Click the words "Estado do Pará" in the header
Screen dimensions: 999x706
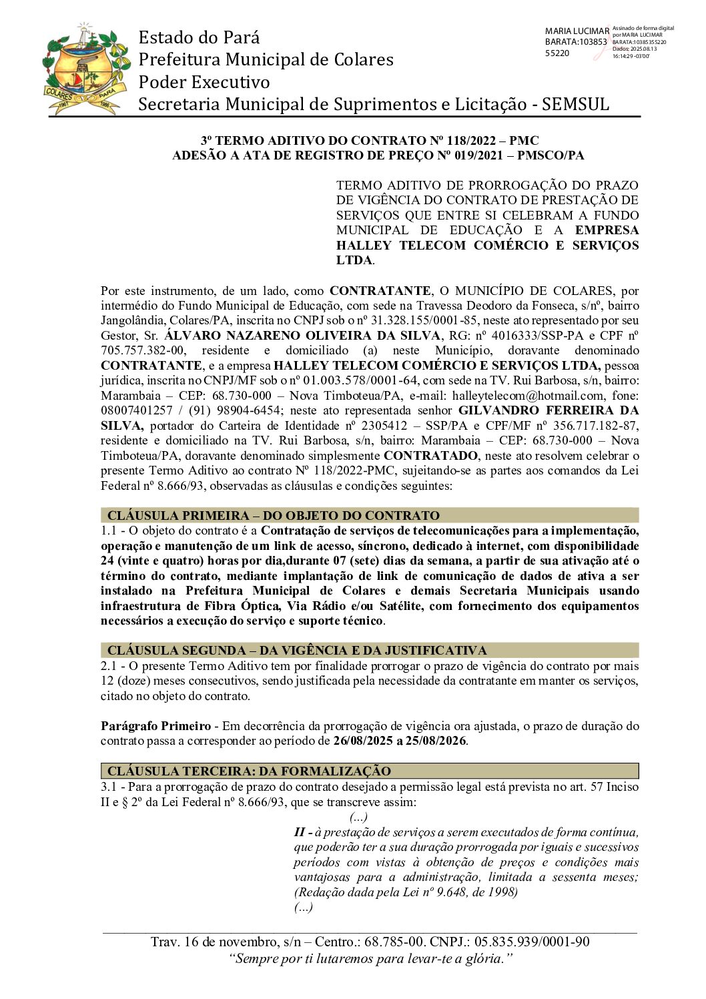pyautogui.click(x=199, y=37)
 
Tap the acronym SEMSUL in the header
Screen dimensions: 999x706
pyautogui.click(x=575, y=104)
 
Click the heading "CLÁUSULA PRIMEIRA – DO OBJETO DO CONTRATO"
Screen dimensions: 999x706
pyautogui.click(x=274, y=515)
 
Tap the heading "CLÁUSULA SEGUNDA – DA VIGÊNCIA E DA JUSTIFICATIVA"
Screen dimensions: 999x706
pyautogui.click(x=297, y=650)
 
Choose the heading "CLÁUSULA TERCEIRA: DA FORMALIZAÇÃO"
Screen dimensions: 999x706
pyautogui.click(x=249, y=771)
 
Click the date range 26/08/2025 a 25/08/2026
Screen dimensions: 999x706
pyautogui.click(x=400, y=741)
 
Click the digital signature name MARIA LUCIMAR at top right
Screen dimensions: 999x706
pyautogui.click(x=577, y=31)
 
